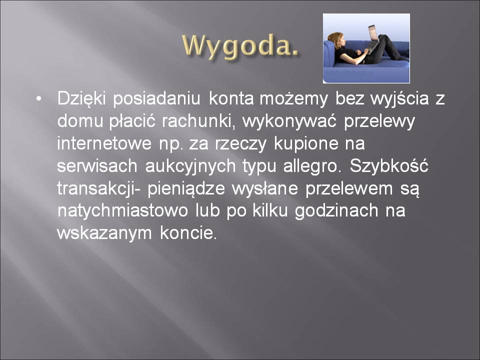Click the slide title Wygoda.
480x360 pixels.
(240, 46)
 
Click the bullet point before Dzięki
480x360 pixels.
(38, 99)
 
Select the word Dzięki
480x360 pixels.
(81, 99)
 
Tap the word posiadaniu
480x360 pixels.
(156, 99)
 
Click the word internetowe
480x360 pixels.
(104, 143)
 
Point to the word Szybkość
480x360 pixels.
(389, 165)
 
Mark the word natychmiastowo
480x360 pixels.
(122, 211)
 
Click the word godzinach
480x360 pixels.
(336, 211)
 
